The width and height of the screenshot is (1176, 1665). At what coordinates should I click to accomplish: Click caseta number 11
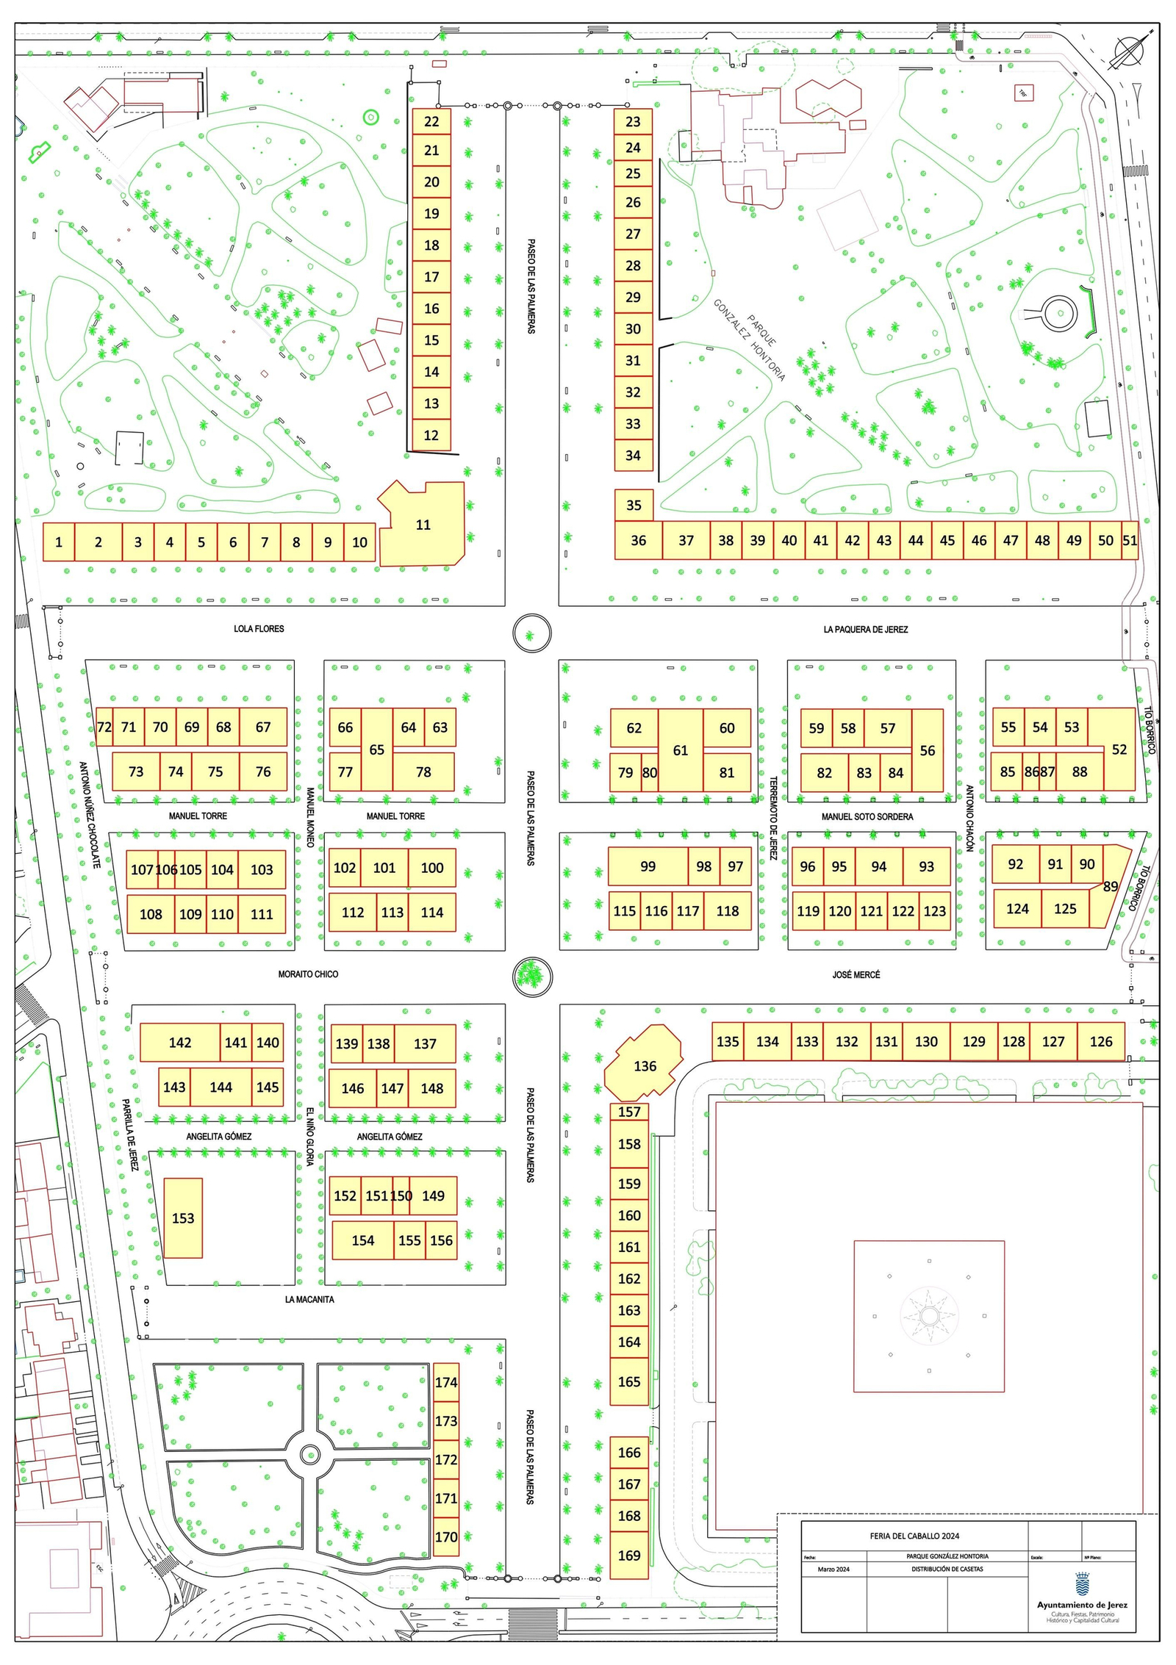coord(423,525)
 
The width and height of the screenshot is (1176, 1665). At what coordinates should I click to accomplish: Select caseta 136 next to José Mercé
coord(645,1065)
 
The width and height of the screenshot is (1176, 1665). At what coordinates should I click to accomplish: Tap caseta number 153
coord(183,1218)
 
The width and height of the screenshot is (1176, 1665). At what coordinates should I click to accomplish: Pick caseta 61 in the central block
coord(681,750)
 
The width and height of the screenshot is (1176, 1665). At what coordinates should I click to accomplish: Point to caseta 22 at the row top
coord(431,122)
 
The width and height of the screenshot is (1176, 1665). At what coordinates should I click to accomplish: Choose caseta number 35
coord(634,505)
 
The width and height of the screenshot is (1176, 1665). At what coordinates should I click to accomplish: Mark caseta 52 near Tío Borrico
coord(1119,749)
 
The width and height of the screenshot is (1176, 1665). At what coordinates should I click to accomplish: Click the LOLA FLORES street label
coord(259,629)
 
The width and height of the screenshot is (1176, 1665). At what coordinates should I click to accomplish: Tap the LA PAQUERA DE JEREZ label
coord(865,630)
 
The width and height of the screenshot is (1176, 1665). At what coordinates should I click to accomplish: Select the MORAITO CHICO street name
coord(308,974)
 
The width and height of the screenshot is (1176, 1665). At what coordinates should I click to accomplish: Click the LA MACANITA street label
coord(309,1300)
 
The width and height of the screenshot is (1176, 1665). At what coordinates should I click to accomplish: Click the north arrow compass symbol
coord(1133,51)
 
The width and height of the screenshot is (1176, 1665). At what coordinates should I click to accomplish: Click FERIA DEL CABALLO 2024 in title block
coord(914,1536)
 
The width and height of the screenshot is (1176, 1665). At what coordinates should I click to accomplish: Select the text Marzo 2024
coord(833,1569)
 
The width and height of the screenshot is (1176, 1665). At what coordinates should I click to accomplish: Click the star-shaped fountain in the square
coord(929,1316)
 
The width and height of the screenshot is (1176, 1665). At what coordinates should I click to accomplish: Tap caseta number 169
coord(629,1556)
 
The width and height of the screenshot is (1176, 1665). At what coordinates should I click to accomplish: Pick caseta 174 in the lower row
coord(446,1382)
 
